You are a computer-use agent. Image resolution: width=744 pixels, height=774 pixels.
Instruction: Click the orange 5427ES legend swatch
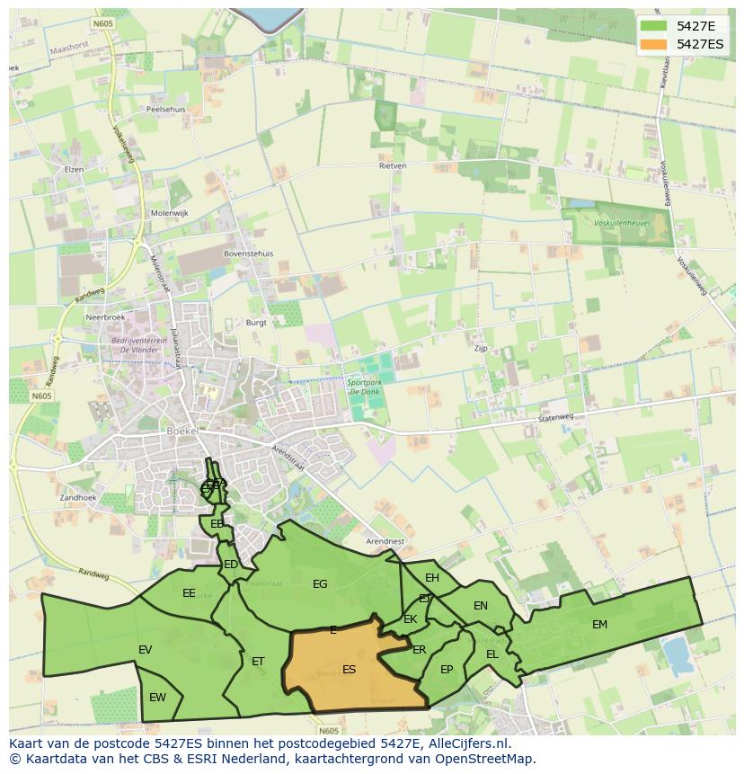pyautogui.click(x=654, y=44)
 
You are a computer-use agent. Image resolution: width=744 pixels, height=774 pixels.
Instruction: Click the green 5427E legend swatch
pyautogui.click(x=654, y=26)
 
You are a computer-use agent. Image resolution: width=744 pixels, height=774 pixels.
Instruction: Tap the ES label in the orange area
pyautogui.click(x=350, y=669)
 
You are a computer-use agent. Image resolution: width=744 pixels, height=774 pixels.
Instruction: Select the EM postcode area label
pyautogui.click(x=599, y=625)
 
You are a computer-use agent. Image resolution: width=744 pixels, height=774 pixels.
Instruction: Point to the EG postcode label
pyautogui.click(x=320, y=584)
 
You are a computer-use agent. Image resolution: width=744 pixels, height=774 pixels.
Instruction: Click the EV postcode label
pyautogui.click(x=145, y=650)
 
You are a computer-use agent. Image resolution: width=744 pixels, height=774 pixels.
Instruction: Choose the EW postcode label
pyautogui.click(x=157, y=698)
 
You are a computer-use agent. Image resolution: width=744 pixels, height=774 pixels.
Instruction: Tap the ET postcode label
pyautogui.click(x=258, y=662)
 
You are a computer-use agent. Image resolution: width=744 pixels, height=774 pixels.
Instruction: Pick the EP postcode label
pyautogui.click(x=447, y=670)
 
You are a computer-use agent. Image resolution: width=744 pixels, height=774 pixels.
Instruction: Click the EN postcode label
pyautogui.click(x=481, y=606)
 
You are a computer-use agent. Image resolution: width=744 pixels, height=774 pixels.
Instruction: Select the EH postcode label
pyautogui.click(x=432, y=578)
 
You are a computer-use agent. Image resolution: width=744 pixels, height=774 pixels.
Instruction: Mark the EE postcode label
pyautogui.click(x=189, y=593)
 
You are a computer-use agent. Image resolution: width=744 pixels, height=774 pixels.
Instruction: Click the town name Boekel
pyautogui.click(x=183, y=431)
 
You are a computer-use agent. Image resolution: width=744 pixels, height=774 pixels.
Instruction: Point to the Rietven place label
pyautogui.click(x=393, y=166)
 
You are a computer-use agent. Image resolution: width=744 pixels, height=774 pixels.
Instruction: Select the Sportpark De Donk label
pyautogui.click(x=365, y=387)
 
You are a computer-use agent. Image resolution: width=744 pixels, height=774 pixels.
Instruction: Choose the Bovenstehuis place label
pyautogui.click(x=248, y=254)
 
